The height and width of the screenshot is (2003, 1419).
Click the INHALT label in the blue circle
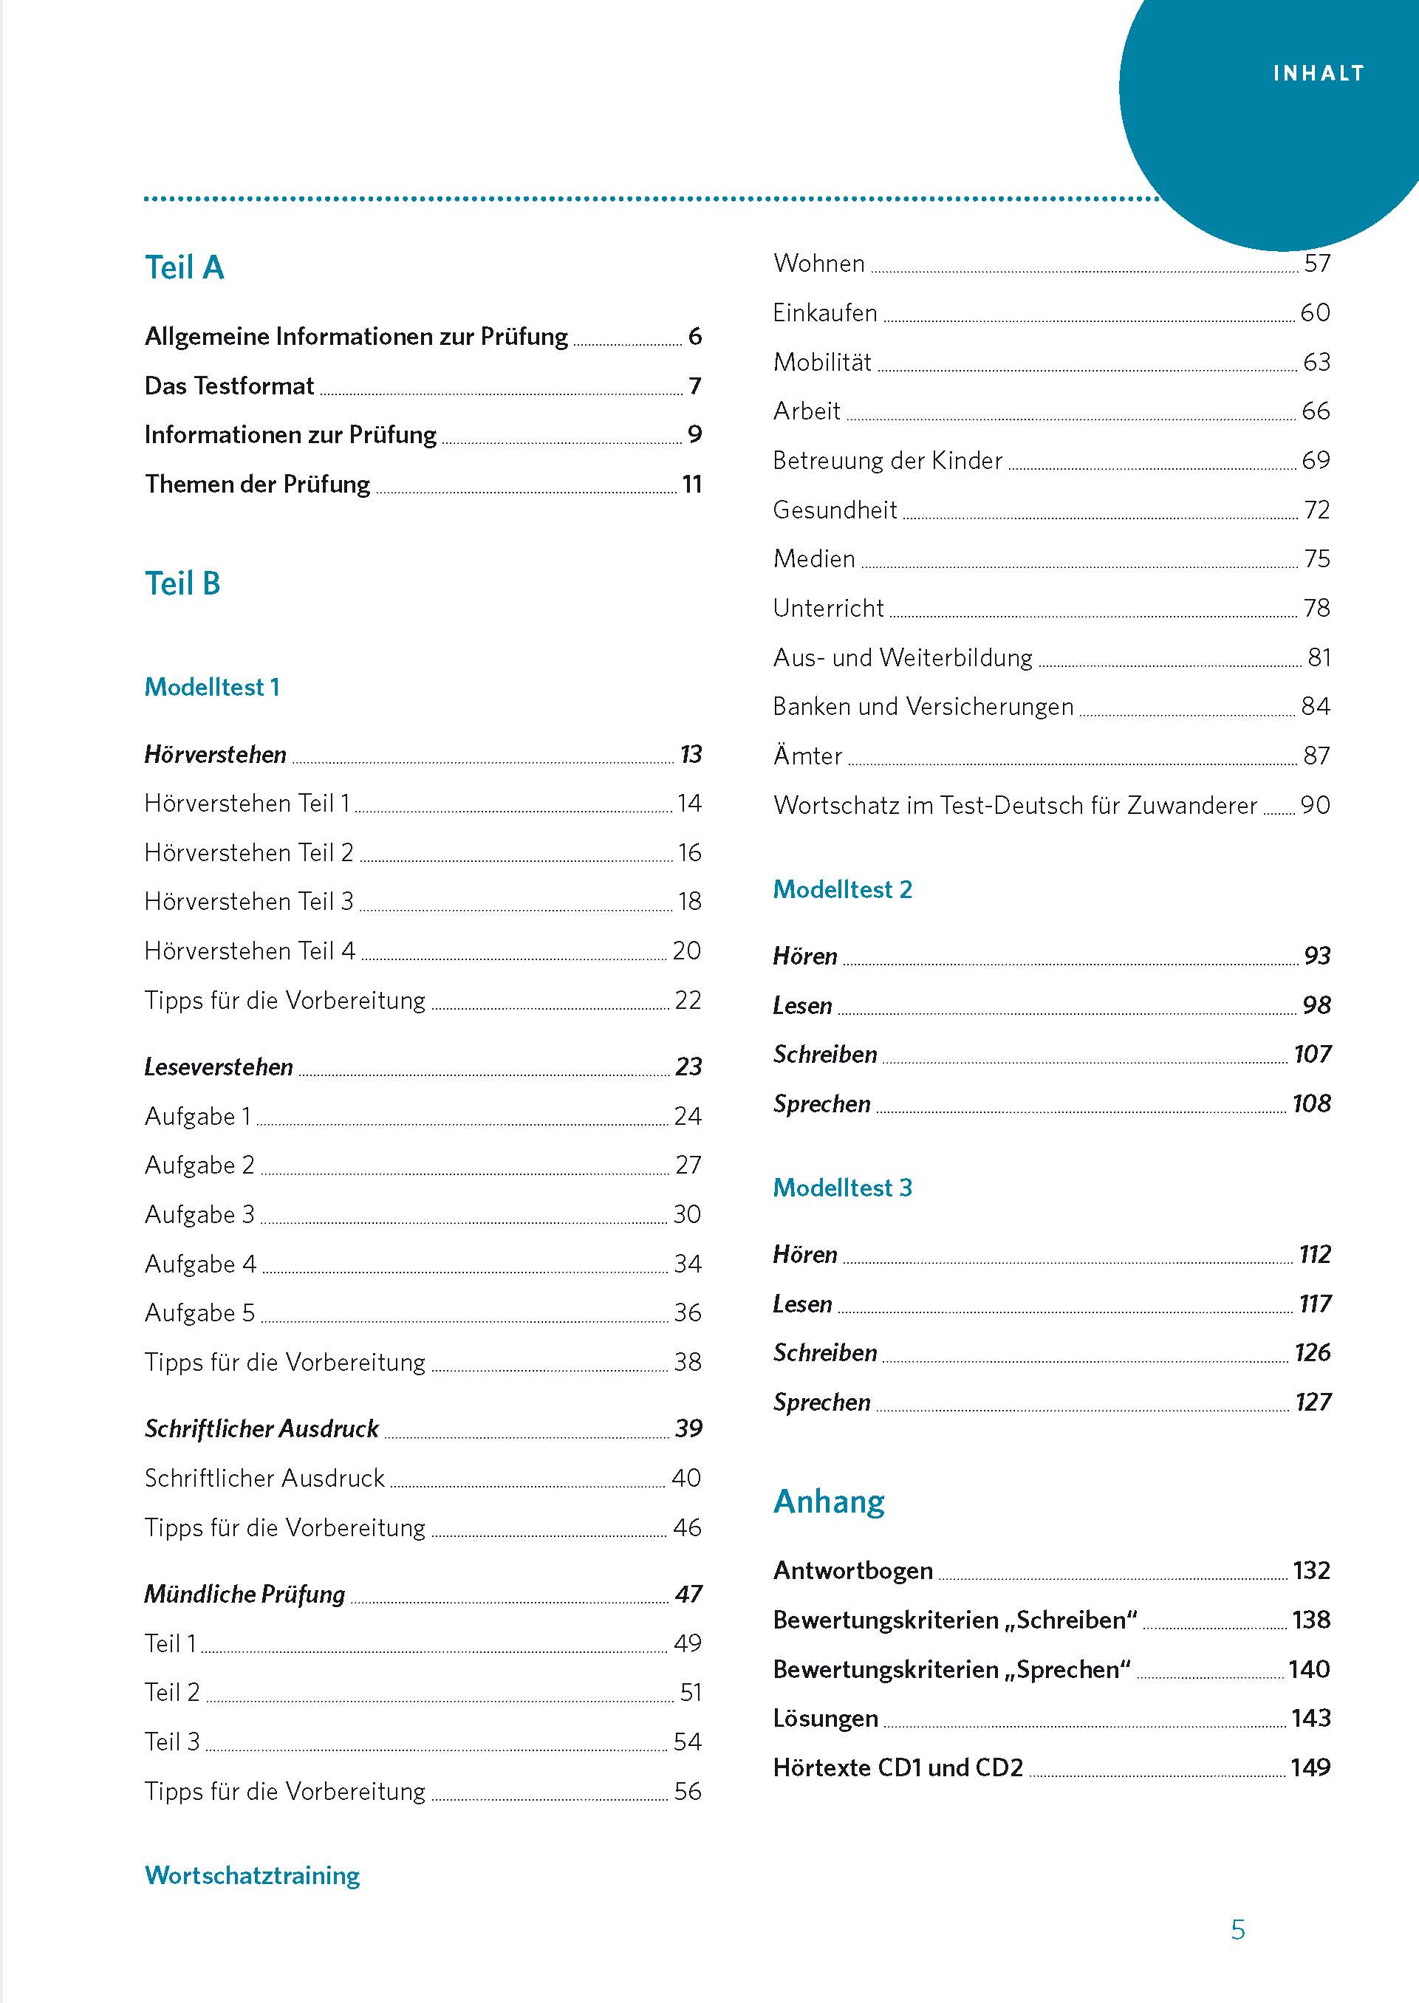1318,73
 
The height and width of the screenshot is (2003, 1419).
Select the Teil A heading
185,267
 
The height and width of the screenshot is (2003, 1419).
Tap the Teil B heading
182,583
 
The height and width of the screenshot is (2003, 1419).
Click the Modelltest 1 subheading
211,688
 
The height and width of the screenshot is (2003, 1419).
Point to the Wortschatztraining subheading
252,1875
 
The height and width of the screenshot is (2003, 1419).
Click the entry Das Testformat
229,386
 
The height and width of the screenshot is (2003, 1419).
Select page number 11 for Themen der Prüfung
692,484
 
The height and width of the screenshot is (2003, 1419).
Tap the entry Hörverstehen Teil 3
249,902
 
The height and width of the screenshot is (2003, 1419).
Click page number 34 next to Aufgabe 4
688,1264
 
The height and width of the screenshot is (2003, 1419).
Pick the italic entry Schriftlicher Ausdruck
261,1429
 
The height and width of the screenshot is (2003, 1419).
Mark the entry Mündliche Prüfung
245,1594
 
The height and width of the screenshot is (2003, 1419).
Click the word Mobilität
822,363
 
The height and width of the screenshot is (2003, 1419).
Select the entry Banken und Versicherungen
923,707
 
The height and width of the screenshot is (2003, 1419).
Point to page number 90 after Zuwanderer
1315,805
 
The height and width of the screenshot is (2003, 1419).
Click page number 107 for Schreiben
1312,1055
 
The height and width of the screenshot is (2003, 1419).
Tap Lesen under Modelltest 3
802,1304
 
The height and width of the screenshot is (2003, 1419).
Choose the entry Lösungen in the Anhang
825,1718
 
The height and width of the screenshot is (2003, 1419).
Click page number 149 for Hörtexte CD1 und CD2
1310,1768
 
